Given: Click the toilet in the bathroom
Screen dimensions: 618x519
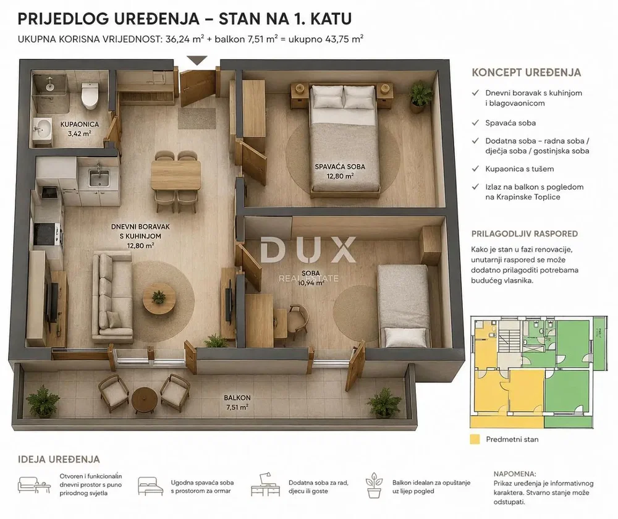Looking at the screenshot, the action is click(x=90, y=95).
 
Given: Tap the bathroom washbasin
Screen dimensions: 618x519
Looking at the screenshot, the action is click(x=42, y=128).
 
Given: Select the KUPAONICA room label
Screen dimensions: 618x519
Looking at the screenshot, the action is click(x=80, y=124).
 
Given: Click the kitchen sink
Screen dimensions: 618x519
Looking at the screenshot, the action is click(x=98, y=178).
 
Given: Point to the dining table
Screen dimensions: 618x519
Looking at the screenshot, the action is click(x=176, y=175).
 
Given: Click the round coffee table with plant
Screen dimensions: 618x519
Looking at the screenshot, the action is click(x=159, y=298).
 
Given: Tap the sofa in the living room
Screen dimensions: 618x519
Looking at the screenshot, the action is click(x=112, y=297).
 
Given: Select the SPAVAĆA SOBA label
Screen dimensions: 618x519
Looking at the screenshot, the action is click(x=340, y=167).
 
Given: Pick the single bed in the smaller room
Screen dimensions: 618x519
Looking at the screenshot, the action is click(x=404, y=306).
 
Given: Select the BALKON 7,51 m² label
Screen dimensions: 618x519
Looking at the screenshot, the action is click(x=237, y=402).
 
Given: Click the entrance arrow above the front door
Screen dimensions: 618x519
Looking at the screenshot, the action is click(x=197, y=61).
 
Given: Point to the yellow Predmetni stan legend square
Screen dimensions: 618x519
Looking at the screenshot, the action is click(x=475, y=439).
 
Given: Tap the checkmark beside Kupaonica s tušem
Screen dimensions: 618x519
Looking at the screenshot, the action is click(x=476, y=169).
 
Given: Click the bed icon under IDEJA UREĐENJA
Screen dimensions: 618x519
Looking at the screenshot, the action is click(x=151, y=486).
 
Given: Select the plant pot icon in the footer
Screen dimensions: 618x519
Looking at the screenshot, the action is click(x=374, y=486).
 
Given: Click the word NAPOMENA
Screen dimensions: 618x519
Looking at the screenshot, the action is click(x=515, y=474).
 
